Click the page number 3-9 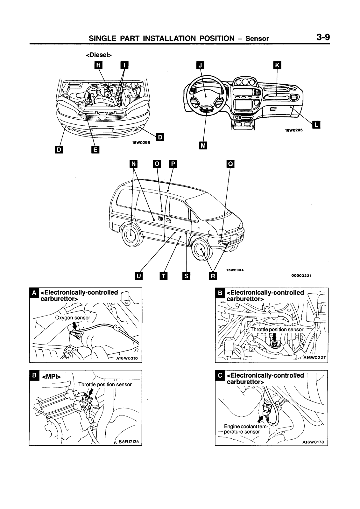tap(323, 37)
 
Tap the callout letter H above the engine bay tap(99, 66)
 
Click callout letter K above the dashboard tap(277, 66)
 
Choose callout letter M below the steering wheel tap(203, 146)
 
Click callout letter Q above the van tap(230, 164)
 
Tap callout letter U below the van tap(138, 276)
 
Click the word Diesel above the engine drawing tap(99, 55)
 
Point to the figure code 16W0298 tap(141, 143)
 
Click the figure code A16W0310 tap(127, 358)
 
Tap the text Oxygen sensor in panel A tap(73, 317)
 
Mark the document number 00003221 tap(301, 275)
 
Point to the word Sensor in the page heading tap(257, 38)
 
